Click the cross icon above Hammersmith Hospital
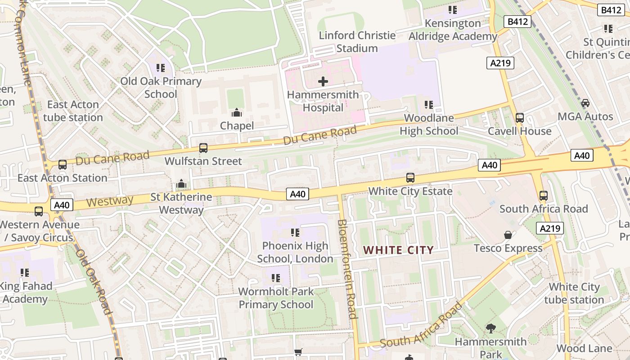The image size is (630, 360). click(323, 81)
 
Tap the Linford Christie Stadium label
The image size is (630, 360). click(357, 42)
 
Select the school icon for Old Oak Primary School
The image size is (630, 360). click(161, 68)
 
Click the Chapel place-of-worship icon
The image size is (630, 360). click(237, 112)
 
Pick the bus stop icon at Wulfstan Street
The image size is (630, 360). click(203, 148)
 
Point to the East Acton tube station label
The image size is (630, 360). click(73, 111)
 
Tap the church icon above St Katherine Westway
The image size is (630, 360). click(181, 184)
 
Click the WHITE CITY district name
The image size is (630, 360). click(398, 250)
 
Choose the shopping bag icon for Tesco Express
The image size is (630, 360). click(508, 235)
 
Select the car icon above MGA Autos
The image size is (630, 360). click(585, 103)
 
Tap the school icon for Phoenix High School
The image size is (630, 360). click(295, 233)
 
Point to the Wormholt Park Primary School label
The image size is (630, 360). click(276, 298)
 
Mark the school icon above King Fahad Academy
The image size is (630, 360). click(25, 273)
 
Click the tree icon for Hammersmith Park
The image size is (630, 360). click(490, 328)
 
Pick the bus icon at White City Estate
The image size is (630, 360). click(410, 178)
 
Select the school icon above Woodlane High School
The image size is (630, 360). click(429, 105)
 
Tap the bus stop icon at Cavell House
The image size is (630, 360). click(520, 118)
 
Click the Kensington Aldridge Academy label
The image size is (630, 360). click(453, 30)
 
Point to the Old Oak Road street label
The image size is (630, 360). click(93, 282)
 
